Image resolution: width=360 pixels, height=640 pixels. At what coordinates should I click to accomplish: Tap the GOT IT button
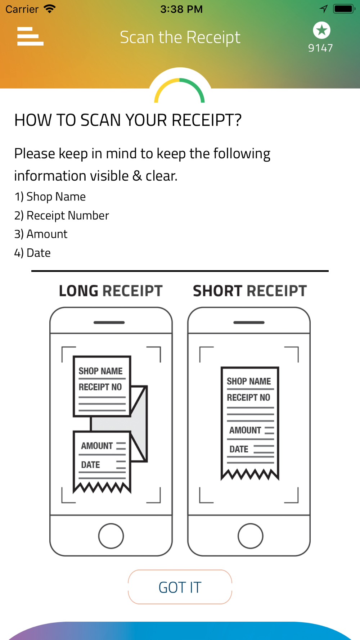180,587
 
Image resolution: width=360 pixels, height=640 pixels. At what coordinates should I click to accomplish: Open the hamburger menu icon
30,36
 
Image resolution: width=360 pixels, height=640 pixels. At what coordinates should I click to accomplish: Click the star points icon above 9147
321,30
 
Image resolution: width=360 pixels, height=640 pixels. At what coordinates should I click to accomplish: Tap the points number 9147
320,48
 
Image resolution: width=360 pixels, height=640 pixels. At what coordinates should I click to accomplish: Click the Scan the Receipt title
180,37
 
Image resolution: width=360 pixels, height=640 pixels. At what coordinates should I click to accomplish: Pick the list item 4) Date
32,253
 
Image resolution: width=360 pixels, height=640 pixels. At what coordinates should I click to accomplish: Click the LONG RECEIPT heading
111,291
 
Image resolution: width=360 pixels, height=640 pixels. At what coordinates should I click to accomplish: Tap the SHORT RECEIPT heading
250,291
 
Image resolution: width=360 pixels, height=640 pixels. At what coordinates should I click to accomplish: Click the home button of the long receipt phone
111,536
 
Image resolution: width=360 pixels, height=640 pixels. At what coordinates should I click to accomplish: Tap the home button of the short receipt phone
250,536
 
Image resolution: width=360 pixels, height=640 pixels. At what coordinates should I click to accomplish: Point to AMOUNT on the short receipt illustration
245,430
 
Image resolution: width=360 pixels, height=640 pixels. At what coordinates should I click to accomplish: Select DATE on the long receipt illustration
90,465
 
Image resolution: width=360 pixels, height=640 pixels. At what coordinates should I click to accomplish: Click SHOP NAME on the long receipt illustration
100,371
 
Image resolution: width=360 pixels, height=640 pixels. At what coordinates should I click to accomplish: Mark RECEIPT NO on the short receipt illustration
248,397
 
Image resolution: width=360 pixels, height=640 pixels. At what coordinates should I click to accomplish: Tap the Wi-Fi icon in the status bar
49,9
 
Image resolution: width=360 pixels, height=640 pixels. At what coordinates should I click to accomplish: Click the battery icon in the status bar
344,9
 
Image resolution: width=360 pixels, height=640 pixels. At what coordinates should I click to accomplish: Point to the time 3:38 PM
181,9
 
